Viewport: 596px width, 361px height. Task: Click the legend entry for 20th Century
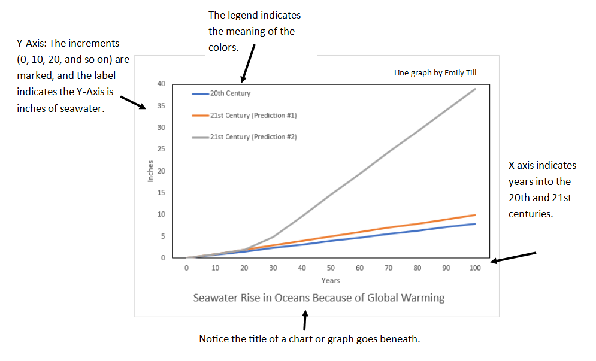[229, 93]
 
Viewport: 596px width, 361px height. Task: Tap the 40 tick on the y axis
[161, 83]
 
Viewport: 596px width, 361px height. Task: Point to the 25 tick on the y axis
[161, 149]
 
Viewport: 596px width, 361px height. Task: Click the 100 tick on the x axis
[475, 268]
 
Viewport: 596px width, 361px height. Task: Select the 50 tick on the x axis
[331, 268]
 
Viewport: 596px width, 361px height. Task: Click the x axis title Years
[331, 280]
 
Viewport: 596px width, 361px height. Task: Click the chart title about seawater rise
[319, 298]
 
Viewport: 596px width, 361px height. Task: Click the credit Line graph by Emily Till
[435, 73]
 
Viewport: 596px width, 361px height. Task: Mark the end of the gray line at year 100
[475, 89]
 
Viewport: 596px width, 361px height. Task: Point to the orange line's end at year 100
[475, 215]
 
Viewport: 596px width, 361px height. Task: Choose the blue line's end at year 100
[475, 224]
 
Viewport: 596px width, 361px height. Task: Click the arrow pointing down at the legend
[248, 65]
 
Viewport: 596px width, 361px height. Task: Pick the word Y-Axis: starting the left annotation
[34, 44]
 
